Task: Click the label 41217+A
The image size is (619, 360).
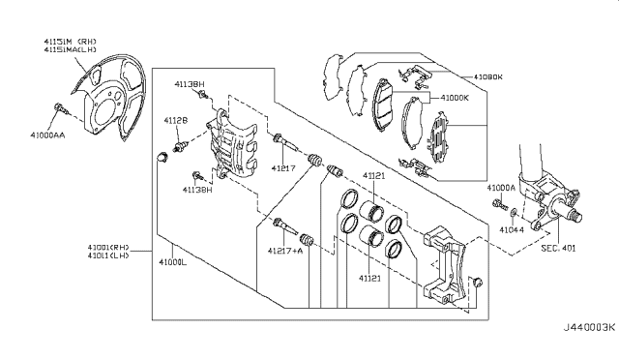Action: pyautogui.click(x=287, y=250)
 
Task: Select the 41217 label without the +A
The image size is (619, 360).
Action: pyautogui.click(x=282, y=168)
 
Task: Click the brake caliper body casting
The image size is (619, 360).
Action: pyautogui.click(x=232, y=145)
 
